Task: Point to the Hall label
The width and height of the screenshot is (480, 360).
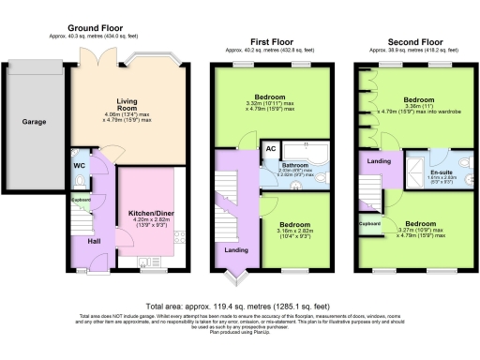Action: click(93, 242)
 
